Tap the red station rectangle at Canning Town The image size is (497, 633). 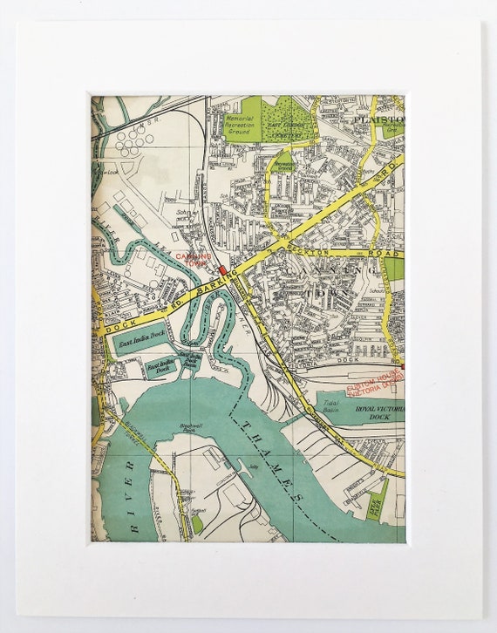coord(222,271)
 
